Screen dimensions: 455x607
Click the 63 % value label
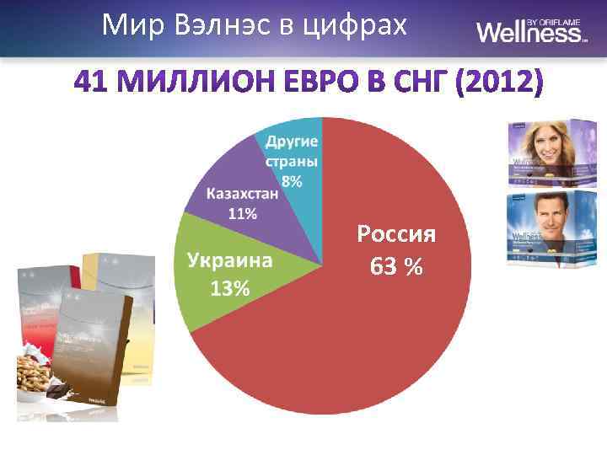pyautogui.click(x=396, y=266)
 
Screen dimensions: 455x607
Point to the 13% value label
pyautogui.click(x=229, y=288)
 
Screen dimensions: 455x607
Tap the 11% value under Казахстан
pyautogui.click(x=243, y=213)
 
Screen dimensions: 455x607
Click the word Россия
pyautogui.click(x=396, y=233)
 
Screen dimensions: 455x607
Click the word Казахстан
pyautogui.click(x=243, y=194)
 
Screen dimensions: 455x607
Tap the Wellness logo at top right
pyautogui.click(x=531, y=31)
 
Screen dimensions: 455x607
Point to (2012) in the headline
pyautogui.click(x=497, y=83)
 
